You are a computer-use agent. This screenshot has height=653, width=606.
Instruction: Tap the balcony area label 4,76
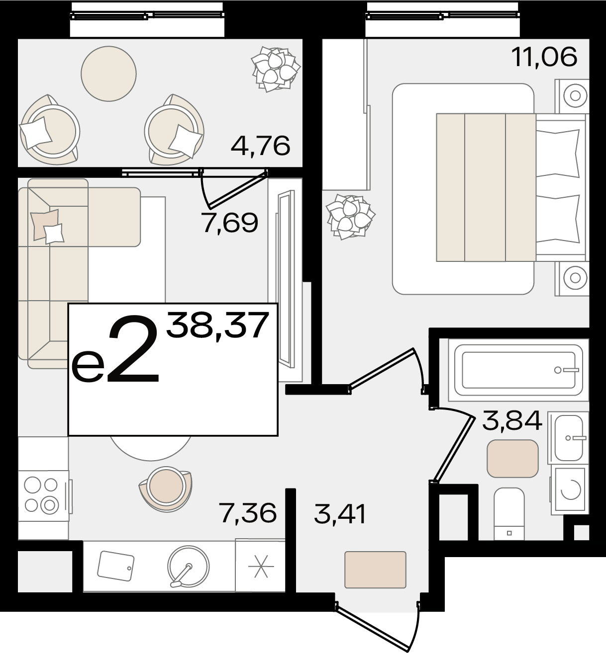[261, 146]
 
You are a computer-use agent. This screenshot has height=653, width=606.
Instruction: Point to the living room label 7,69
[230, 223]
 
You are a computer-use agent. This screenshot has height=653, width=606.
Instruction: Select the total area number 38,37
[218, 326]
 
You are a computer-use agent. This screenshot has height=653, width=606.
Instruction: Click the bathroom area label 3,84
[512, 420]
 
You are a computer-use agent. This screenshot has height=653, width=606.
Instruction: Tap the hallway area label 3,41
[340, 514]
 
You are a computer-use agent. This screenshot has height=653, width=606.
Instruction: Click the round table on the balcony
[108, 74]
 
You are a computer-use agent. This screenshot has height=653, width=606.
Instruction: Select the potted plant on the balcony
[276, 69]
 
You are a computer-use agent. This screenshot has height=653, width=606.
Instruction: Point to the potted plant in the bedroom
[350, 217]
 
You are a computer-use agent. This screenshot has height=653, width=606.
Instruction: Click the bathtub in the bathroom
[518, 370]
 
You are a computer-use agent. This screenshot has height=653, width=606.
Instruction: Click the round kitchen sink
[188, 566]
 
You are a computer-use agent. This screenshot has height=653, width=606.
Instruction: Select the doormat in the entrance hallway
[375, 570]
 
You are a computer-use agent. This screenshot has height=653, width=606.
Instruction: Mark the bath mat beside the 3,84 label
[512, 458]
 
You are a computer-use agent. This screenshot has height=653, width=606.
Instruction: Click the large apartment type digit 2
[133, 349]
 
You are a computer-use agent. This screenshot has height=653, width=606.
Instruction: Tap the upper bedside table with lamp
[572, 96]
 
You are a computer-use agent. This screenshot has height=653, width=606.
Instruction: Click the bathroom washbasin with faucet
[569, 438]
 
